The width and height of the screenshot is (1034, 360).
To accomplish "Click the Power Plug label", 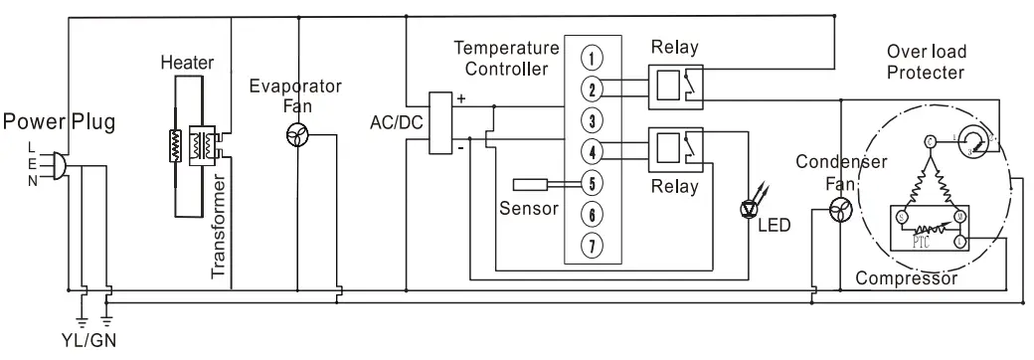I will point(59,123).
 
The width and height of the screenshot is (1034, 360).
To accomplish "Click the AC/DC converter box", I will point(440,123).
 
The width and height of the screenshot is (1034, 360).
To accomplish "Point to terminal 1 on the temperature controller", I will point(592,56).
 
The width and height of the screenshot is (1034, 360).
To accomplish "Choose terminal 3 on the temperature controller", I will point(592,121).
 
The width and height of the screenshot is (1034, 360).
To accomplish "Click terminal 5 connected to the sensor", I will point(592,183).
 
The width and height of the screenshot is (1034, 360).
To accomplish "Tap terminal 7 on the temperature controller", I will point(592,245).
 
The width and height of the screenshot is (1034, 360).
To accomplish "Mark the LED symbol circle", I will point(752,209).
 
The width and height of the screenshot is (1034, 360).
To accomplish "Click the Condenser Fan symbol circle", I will point(841,210).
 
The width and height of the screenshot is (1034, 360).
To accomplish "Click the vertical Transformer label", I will point(221,230).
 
